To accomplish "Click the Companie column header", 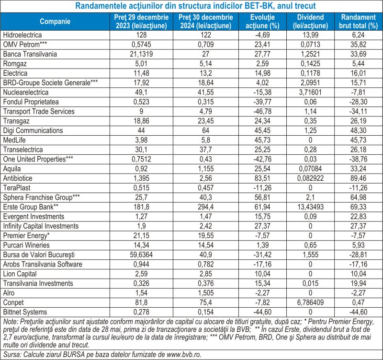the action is (x=55, y=22).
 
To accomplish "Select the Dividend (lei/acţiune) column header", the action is (x=310, y=22).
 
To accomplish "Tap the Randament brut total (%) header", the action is (x=358, y=22).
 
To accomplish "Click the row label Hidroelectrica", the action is (x=23, y=35).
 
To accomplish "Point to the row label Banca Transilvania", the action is (x=30, y=54).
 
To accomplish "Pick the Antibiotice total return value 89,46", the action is (x=358, y=178).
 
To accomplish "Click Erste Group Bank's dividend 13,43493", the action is (x=310, y=207).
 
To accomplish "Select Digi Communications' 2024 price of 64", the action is (x=206, y=130).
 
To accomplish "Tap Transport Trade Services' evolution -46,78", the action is (x=262, y=112).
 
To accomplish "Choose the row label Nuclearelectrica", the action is (x=26, y=93).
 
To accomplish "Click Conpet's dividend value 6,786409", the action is (x=310, y=302).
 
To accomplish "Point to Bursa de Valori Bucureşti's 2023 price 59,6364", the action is (x=141, y=255).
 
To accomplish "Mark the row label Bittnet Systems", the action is (x=25, y=312).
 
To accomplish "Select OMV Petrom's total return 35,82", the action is (x=358, y=45).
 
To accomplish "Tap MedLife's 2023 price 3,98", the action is (x=141, y=140).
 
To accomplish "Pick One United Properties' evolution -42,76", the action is (x=262, y=159).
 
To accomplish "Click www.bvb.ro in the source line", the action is (x=184, y=354).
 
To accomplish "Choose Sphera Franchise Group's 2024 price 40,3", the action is (x=206, y=197).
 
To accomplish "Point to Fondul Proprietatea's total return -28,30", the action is (x=358, y=102).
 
